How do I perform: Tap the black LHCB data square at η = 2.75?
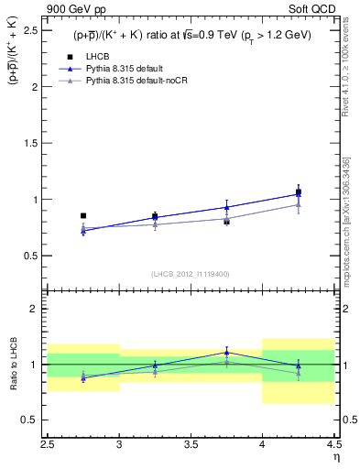pos(83,216)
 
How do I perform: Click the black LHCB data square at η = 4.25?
pos(299,192)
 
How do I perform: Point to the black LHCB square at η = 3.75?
pos(227,221)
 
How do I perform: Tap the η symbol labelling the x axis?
pos(336,456)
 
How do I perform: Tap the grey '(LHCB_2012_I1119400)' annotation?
pos(191,274)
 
